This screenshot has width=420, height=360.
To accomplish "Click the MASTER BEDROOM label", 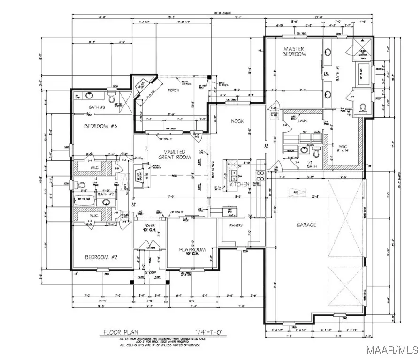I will tap(294, 52).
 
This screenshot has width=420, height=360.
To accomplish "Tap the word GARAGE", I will tap(305, 225).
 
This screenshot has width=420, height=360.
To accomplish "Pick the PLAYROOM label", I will tap(190, 250).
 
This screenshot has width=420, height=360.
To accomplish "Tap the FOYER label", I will tap(149, 227).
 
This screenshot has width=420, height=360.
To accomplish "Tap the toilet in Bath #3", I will tap(111, 99).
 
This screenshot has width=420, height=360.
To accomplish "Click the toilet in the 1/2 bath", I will tap(315, 152).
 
